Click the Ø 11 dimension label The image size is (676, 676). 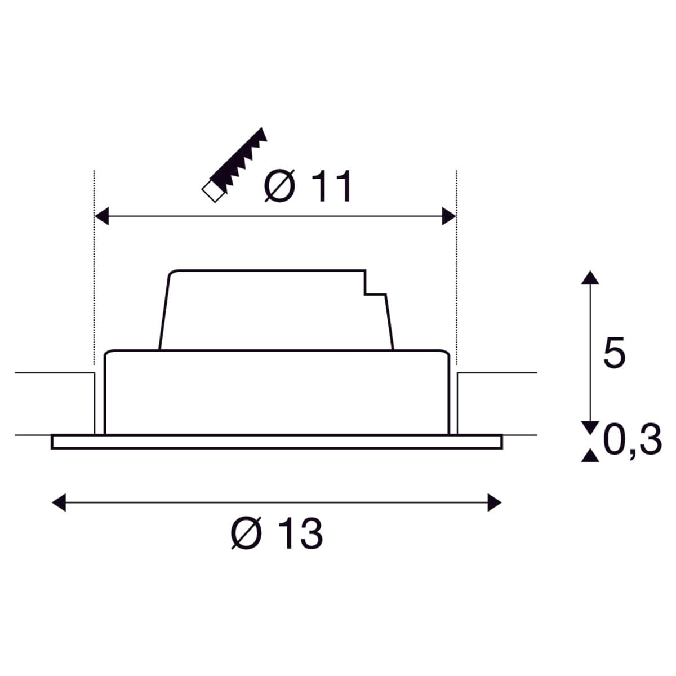pyautogui.click(x=308, y=187)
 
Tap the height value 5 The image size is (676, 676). pyautogui.click(x=613, y=354)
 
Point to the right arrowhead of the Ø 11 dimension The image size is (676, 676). pyautogui.click(x=449, y=216)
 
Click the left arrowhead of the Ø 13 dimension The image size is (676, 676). pyautogui.click(x=59, y=502)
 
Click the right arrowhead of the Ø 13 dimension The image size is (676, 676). pyautogui.click(x=494, y=502)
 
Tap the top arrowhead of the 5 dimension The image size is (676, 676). pyautogui.click(x=590, y=277)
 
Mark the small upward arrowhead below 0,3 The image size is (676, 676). pyautogui.click(x=590, y=456)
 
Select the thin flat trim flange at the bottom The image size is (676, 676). pyautogui.click(x=276, y=442)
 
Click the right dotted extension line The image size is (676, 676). pyautogui.click(x=456, y=270)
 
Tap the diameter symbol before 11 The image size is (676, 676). pyautogui.click(x=279, y=187)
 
